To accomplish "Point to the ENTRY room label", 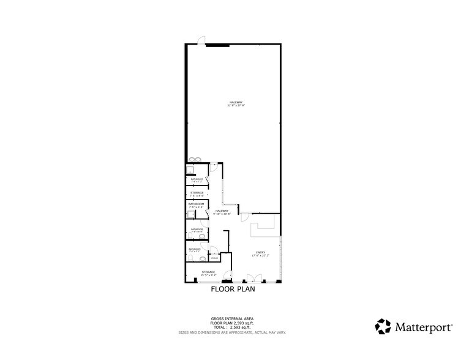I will click(x=260, y=253).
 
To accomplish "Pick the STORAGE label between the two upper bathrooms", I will click(x=197, y=193).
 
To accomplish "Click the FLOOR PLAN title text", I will click(x=233, y=290).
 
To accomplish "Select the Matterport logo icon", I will click(x=383, y=326).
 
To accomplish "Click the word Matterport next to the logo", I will click(x=423, y=326).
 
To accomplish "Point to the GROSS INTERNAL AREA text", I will click(x=232, y=319).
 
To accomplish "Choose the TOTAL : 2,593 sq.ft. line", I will click(x=232, y=328).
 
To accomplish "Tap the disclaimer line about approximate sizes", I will click(x=232, y=332).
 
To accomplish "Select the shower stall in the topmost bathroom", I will click(x=190, y=171).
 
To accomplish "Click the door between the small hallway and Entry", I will click(x=244, y=217).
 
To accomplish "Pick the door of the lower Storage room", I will click(x=227, y=276).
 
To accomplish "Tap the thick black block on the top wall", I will click(x=217, y=45).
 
